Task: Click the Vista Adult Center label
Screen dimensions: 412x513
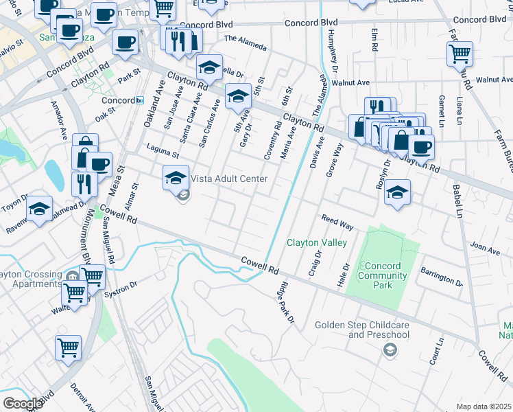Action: pyautogui.click(x=228, y=179)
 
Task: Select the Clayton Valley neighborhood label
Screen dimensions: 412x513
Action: pyautogui.click(x=316, y=242)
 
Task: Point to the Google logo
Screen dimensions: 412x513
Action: pyautogui.click(x=23, y=403)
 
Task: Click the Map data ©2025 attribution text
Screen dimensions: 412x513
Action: pyautogui.click(x=484, y=407)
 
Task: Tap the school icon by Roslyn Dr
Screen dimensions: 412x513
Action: pyautogui.click(x=396, y=193)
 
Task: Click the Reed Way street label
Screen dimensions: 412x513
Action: pyautogui.click(x=337, y=222)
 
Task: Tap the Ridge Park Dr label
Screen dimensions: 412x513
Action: pyautogui.click(x=286, y=302)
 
